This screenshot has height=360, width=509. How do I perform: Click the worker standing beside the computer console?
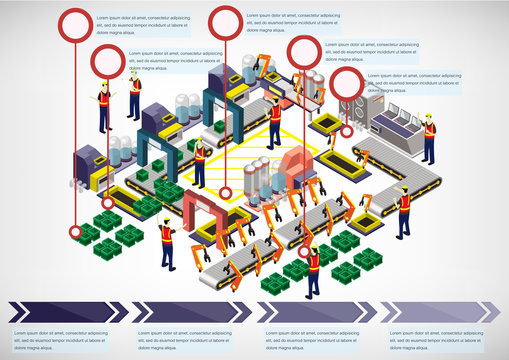[x=429, y=139]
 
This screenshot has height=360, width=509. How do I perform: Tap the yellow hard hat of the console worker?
[x=429, y=117]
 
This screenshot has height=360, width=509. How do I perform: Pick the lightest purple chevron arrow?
[x=440, y=312]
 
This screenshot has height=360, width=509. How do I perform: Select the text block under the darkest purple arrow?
[x=60, y=339]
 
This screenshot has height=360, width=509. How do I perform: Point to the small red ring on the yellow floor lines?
[x=225, y=192]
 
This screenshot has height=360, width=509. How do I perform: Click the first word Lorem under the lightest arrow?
[x=397, y=332]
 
